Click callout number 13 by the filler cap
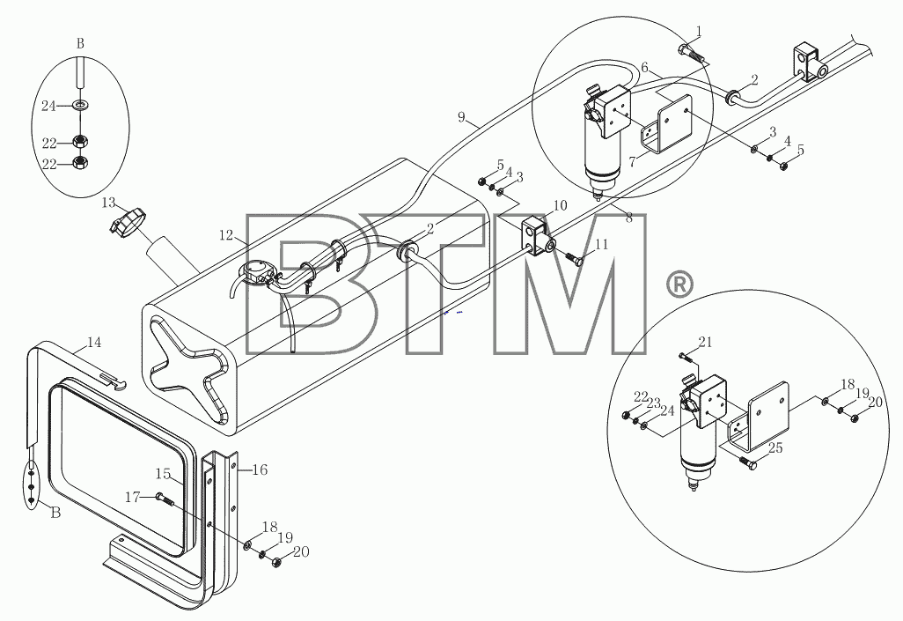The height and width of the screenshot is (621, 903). pyautogui.click(x=108, y=203)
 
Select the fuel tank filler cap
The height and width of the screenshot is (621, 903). pyautogui.click(x=128, y=221)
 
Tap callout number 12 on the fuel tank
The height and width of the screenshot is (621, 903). pyautogui.click(x=226, y=234)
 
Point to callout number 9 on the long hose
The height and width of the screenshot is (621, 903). pyautogui.click(x=461, y=117)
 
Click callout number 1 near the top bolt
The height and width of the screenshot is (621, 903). pyautogui.click(x=699, y=32)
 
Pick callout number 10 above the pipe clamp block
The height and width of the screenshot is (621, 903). pyautogui.click(x=560, y=205)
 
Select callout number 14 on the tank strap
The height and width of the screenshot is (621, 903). pyautogui.click(x=94, y=343)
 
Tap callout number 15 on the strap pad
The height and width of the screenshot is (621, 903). pyautogui.click(x=163, y=474)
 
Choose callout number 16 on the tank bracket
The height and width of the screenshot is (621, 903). pyautogui.click(x=261, y=469)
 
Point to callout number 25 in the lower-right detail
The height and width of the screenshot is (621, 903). pyautogui.click(x=775, y=447)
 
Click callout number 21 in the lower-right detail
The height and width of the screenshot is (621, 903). pyautogui.click(x=706, y=343)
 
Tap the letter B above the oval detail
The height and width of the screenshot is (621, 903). pyautogui.click(x=80, y=43)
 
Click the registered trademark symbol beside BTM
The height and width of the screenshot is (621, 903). pyautogui.click(x=679, y=285)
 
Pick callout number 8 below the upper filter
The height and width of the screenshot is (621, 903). pyautogui.click(x=628, y=218)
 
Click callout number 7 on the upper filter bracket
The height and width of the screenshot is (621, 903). pyautogui.click(x=632, y=162)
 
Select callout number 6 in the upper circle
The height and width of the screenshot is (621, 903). pyautogui.click(x=644, y=68)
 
